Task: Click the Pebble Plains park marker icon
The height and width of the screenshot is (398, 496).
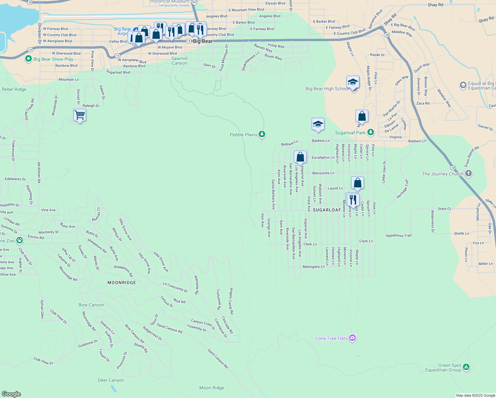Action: (262, 134)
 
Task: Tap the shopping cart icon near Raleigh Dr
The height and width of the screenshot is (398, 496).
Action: (80, 115)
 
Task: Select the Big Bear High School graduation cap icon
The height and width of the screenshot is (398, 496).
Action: (353, 82)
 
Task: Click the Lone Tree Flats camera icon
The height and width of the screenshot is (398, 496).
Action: (352, 338)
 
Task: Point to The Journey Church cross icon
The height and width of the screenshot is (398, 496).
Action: (468, 173)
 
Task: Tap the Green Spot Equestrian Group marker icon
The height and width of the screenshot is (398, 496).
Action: (466, 367)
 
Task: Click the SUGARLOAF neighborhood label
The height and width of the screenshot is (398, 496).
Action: (327, 210)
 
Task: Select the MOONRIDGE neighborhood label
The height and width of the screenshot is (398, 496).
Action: (122, 283)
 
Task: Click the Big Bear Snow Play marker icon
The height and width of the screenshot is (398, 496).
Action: (29, 59)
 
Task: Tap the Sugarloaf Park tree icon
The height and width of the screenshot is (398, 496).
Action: (371, 133)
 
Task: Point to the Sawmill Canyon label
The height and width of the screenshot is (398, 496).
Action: (179, 61)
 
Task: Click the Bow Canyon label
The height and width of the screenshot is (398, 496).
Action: (91, 305)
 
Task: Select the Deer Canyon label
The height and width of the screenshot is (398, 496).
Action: (111, 380)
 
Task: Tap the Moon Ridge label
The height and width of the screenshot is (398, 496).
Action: (212, 388)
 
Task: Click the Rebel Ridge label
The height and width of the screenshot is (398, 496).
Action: (14, 89)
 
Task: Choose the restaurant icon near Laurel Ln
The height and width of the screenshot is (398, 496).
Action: (353, 200)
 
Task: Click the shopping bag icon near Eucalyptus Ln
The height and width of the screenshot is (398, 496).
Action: (300, 157)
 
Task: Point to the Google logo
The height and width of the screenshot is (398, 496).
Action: (11, 394)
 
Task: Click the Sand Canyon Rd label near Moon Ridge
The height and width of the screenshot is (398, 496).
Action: (218, 359)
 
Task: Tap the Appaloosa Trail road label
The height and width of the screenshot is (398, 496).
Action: (399, 235)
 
